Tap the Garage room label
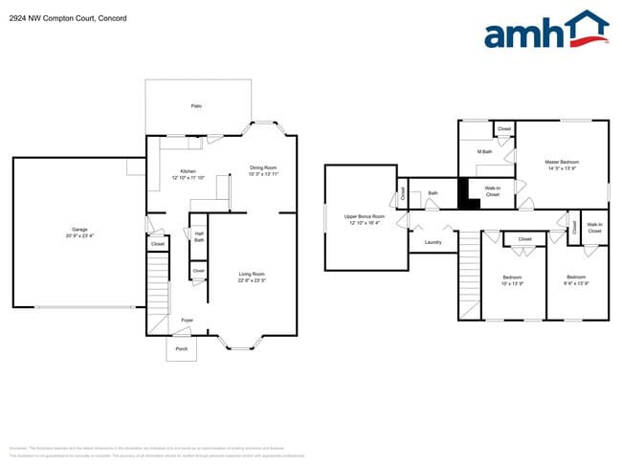[x=79, y=229]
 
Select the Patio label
[x=196, y=106]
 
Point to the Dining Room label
[x=263, y=167]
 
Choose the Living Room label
[x=252, y=275]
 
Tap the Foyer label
[x=187, y=320]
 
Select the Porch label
[x=182, y=349]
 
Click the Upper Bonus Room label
[x=365, y=216]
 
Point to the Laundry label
[x=433, y=242]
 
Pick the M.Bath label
[x=485, y=152]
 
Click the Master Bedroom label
[x=562, y=162]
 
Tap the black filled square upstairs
[x=467, y=194]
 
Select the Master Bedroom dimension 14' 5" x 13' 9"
[x=562, y=168]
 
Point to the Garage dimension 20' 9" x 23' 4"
[x=79, y=235]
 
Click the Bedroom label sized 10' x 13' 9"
[x=512, y=278]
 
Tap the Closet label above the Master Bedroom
[x=504, y=128]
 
